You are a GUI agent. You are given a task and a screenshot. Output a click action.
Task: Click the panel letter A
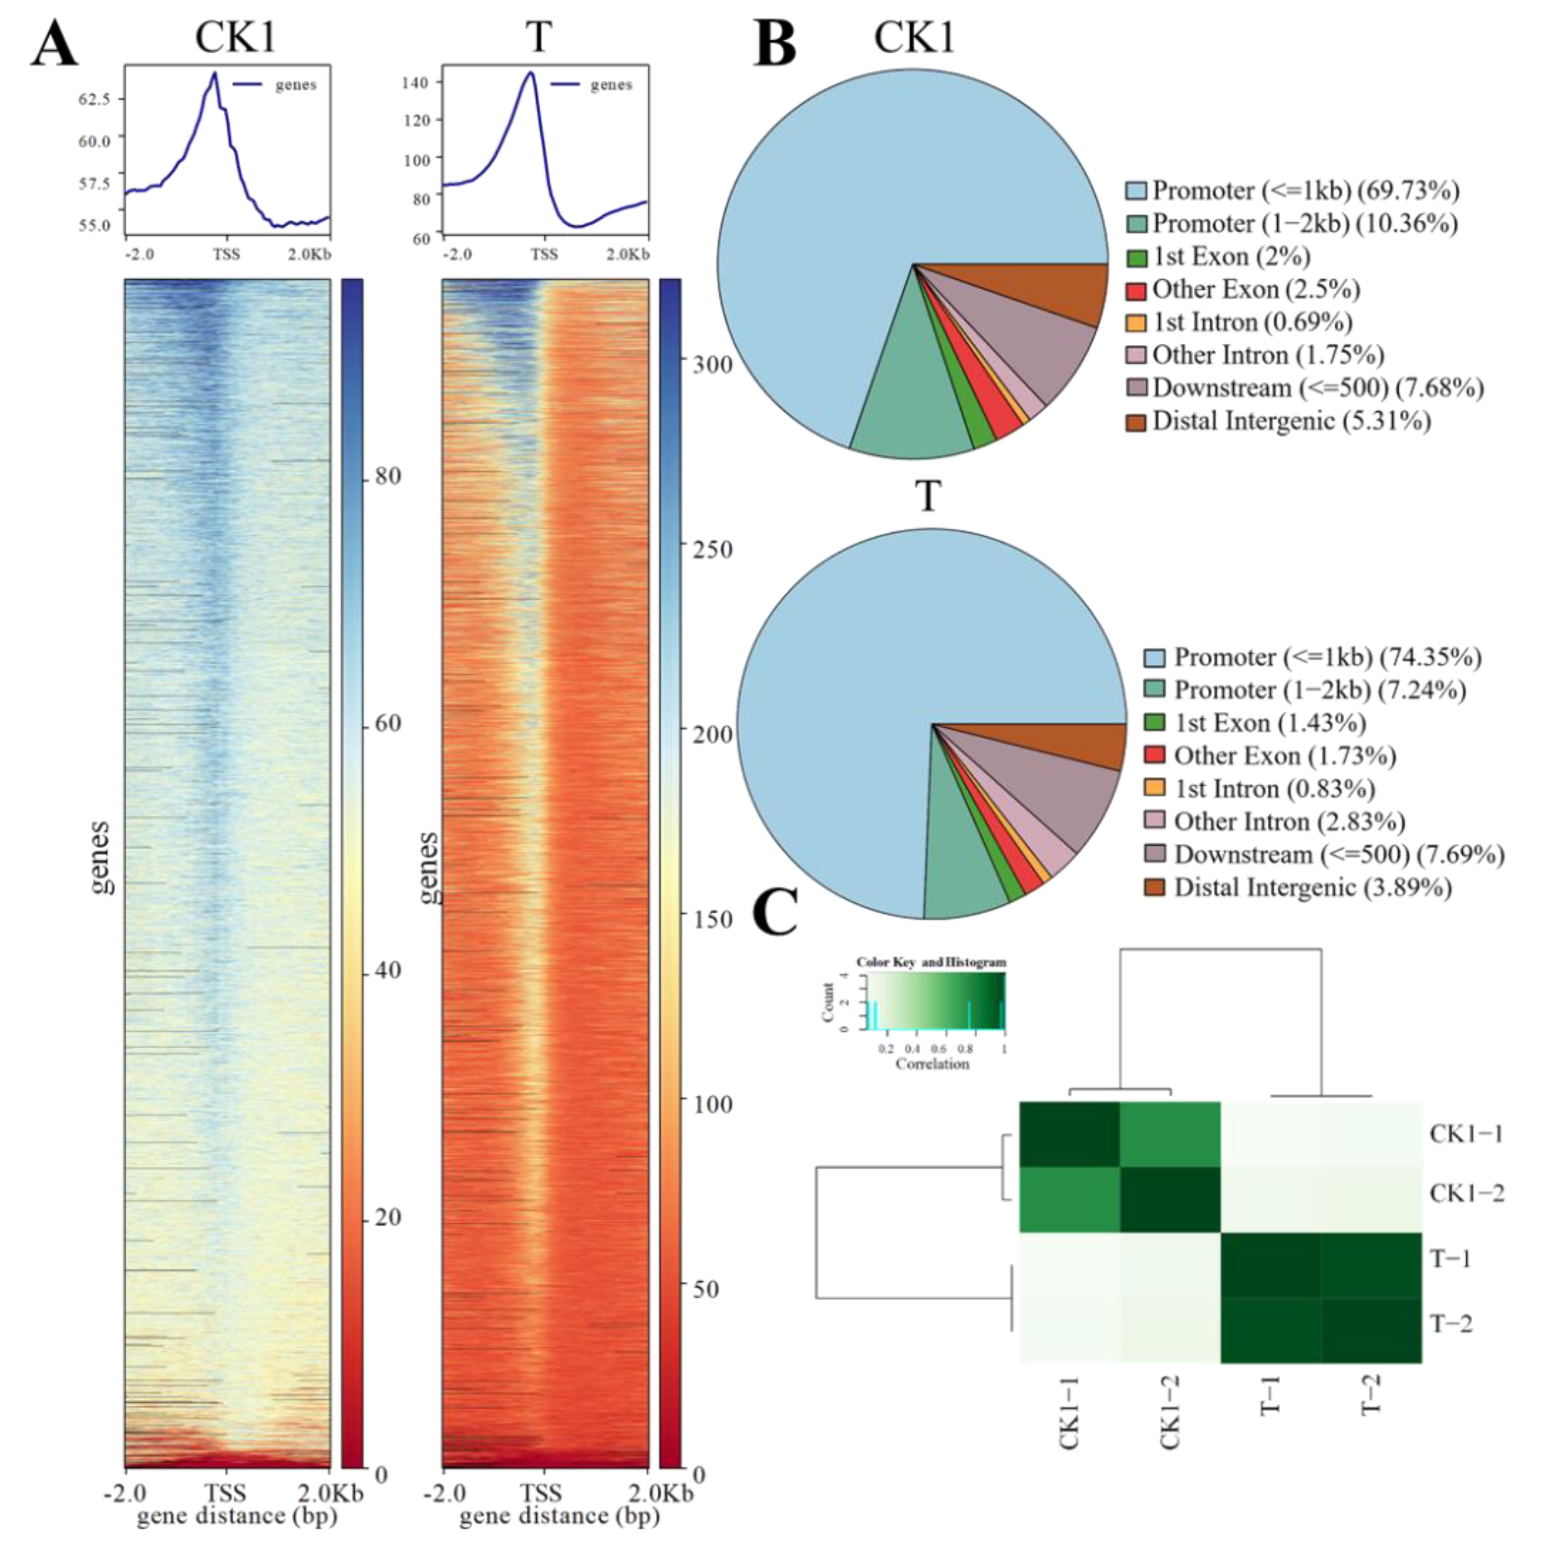coord(54,44)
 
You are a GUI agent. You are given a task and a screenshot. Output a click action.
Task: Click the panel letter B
coord(775,44)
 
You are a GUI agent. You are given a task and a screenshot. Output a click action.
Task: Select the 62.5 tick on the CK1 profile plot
coord(94,99)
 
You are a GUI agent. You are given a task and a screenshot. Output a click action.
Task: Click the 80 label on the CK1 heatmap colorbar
coord(387,476)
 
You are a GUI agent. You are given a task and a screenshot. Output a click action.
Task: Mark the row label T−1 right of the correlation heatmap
coord(1450,1258)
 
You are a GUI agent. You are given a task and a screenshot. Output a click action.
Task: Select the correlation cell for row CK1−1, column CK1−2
coord(1170,1134)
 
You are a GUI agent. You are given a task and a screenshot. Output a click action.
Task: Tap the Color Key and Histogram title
coord(931,962)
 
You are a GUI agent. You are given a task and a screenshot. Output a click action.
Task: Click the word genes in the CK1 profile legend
coord(296,84)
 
